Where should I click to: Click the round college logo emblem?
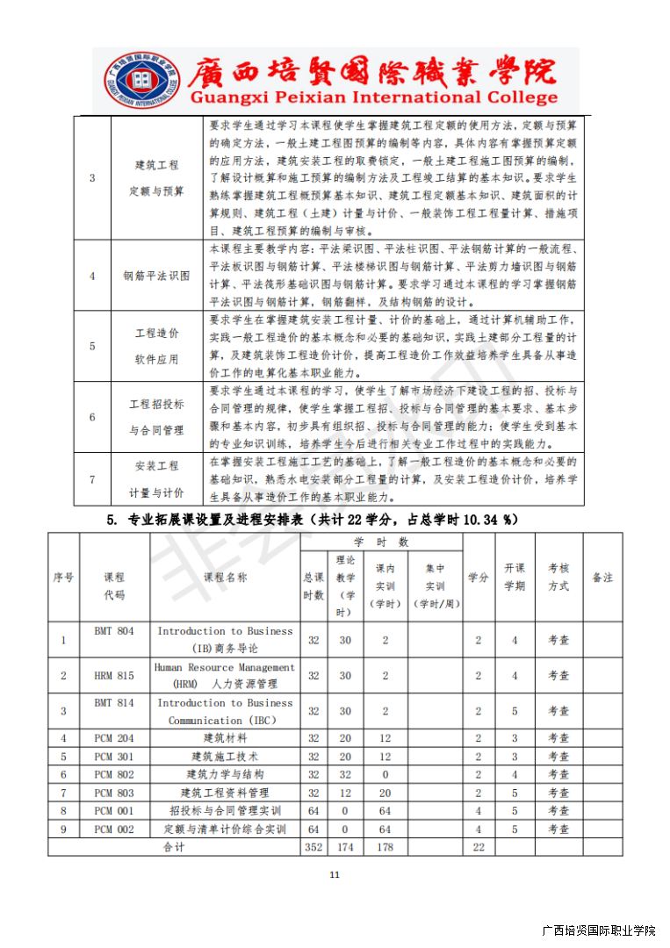click(x=140, y=80)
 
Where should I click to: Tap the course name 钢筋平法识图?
click(x=156, y=276)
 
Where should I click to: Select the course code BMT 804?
click(x=114, y=631)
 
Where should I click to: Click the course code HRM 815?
click(x=114, y=675)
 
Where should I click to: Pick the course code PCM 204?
click(x=114, y=738)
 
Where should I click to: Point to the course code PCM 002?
click(x=114, y=829)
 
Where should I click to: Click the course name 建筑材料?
click(x=225, y=738)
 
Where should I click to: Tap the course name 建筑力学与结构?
click(x=225, y=774)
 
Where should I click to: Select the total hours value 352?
click(x=313, y=847)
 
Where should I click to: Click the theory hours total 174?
click(x=345, y=847)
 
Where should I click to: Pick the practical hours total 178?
click(x=385, y=847)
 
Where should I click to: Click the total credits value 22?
click(x=479, y=847)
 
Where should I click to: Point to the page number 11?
click(x=334, y=875)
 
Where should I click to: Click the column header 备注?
click(x=602, y=577)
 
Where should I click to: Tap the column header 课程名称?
click(x=225, y=577)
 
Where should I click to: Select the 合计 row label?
click(x=174, y=847)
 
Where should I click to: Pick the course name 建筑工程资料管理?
click(x=225, y=793)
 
